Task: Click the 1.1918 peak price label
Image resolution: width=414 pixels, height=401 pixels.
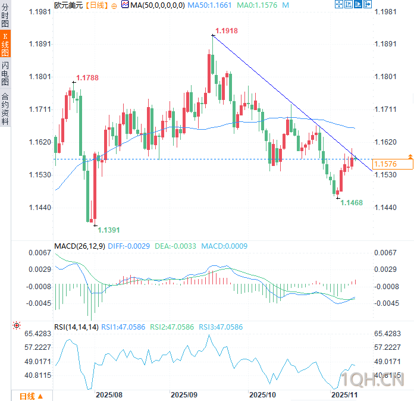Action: pyautogui.click(x=226, y=30)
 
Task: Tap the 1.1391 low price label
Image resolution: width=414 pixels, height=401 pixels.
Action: pyautogui.click(x=108, y=230)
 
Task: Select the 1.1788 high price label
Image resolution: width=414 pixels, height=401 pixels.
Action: pyautogui.click(x=87, y=77)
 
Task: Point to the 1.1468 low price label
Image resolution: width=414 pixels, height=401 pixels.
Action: pyautogui.click(x=351, y=203)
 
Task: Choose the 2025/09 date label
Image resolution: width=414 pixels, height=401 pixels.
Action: pyautogui.click(x=184, y=394)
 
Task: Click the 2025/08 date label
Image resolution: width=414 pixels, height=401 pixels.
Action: pyautogui.click(x=109, y=394)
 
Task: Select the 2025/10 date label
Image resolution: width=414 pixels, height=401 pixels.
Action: pyautogui.click(x=262, y=394)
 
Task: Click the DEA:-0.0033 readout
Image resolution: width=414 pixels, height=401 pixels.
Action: pyautogui.click(x=175, y=246)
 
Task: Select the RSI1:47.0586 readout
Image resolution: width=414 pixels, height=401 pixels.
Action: pyautogui.click(x=123, y=327)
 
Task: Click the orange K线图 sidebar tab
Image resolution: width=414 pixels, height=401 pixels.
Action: pyautogui.click(x=5, y=45)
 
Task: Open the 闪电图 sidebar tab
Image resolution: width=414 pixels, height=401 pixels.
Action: pyautogui.click(x=5, y=74)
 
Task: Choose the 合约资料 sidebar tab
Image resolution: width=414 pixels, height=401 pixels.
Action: pyautogui.click(x=5, y=108)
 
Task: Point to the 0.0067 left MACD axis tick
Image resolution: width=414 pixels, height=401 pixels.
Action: pyautogui.click(x=39, y=253)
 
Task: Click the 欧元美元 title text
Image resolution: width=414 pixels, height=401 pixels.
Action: pyautogui.click(x=67, y=5)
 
